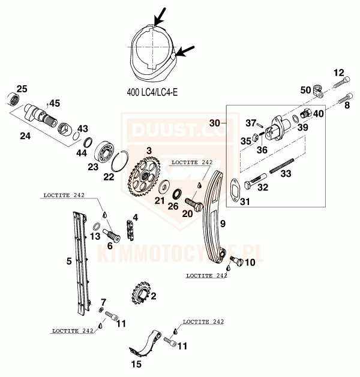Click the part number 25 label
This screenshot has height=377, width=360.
(22, 89)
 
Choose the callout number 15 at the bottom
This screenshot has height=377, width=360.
(137, 364)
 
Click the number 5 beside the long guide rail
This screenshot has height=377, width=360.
(68, 261)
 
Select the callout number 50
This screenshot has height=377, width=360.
(305, 90)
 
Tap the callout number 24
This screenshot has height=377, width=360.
(25, 136)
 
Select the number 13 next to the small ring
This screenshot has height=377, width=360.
(95, 237)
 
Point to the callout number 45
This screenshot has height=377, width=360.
(55, 103)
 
